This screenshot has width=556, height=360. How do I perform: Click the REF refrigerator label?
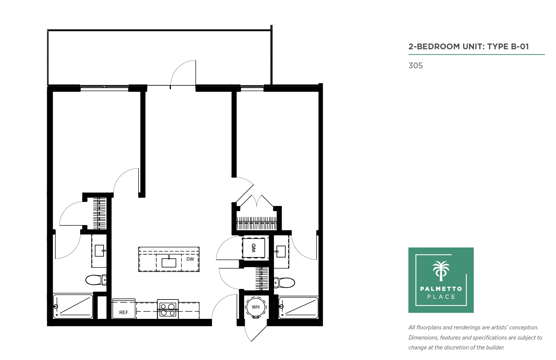click(x=124, y=312)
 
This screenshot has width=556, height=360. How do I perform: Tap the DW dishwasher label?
click(x=190, y=259)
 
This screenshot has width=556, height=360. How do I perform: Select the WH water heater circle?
click(x=256, y=307)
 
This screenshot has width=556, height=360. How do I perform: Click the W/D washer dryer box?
click(x=253, y=248)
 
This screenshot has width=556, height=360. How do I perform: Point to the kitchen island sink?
click(x=169, y=263)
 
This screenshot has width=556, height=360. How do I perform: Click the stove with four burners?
click(x=167, y=309)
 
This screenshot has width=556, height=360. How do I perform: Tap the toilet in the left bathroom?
click(x=96, y=280)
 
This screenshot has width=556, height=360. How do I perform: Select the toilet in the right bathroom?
click(x=284, y=283)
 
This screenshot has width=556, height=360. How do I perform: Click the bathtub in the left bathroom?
click(x=73, y=306)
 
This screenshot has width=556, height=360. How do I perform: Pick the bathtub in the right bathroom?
click(x=298, y=307)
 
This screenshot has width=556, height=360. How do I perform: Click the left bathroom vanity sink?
click(x=100, y=251)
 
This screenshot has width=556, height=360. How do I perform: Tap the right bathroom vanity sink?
click(x=281, y=252)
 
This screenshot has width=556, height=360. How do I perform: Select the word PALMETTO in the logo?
click(x=441, y=289)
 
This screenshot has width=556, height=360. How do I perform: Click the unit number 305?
click(x=415, y=66)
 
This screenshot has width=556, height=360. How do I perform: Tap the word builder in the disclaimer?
click(x=495, y=347)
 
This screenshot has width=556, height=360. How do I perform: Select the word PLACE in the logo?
click(x=441, y=297)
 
